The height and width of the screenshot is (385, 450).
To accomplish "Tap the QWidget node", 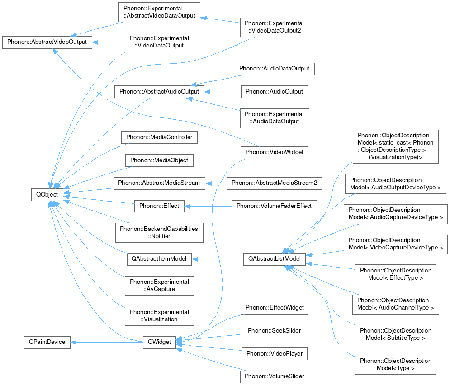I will click(x=159, y=342).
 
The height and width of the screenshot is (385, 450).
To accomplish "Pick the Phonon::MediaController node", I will click(x=159, y=137).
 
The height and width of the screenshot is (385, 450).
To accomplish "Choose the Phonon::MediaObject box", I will click(x=159, y=160).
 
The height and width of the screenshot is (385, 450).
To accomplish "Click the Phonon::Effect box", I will click(x=159, y=206).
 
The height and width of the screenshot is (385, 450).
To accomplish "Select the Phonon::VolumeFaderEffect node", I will click(x=274, y=206).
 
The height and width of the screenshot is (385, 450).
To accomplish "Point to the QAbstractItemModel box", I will click(x=159, y=259).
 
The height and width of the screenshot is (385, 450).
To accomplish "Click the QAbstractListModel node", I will click(x=274, y=259).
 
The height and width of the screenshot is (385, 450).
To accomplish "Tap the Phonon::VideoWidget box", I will click(x=274, y=153).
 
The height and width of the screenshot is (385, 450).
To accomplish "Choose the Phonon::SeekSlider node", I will click(x=274, y=331).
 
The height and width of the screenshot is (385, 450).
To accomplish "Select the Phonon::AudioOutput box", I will click(x=274, y=92).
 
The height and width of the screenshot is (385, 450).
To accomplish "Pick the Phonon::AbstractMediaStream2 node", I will click(x=274, y=183).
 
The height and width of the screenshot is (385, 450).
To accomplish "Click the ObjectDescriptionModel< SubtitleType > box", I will click(x=396, y=334).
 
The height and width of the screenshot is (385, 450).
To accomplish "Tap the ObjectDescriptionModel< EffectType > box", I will click(x=396, y=274).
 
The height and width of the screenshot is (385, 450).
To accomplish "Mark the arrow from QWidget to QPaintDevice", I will click(x=107, y=342).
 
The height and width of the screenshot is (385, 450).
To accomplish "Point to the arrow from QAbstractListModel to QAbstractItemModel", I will click(x=218, y=259).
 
